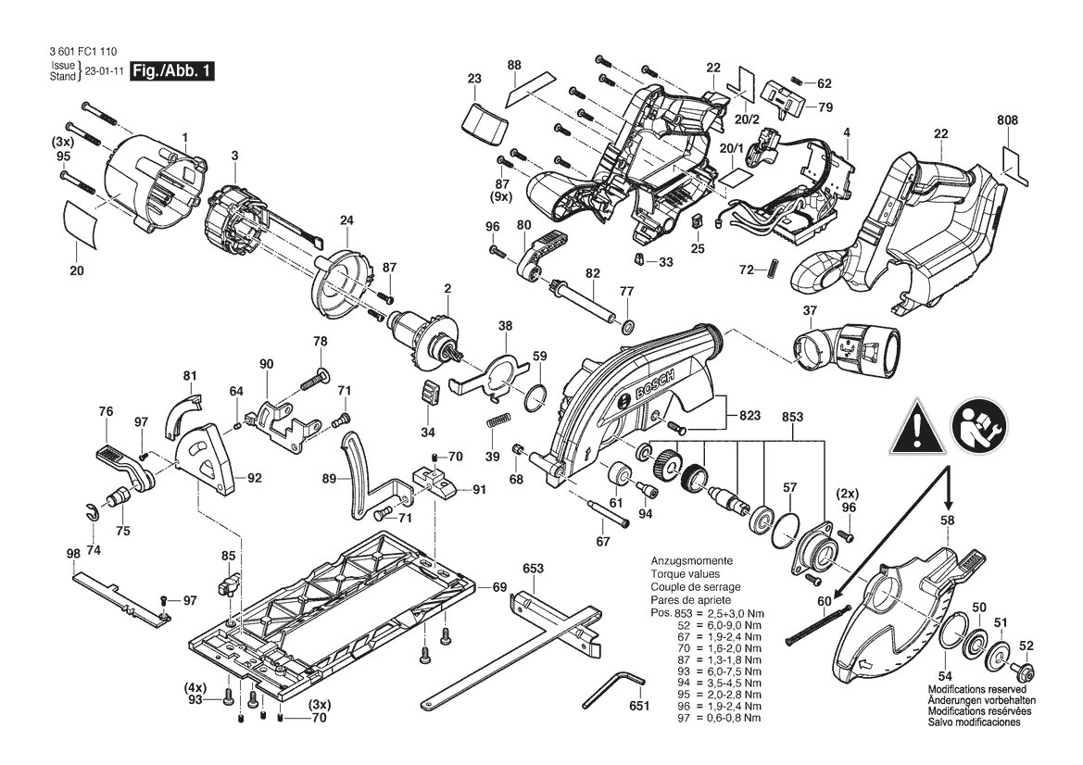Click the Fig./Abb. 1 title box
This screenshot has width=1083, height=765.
click(x=172, y=70)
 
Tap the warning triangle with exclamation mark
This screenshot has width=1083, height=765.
click(x=917, y=426)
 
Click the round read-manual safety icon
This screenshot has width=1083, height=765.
click(x=978, y=426)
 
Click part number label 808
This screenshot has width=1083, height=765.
click(x=1008, y=119)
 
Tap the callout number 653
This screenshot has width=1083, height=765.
click(x=534, y=569)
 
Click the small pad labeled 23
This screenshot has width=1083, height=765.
click(x=484, y=123)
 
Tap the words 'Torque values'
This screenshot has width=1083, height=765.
click(x=686, y=574)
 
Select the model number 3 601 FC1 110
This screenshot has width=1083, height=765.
click(x=82, y=51)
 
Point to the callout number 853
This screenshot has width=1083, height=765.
click(x=792, y=416)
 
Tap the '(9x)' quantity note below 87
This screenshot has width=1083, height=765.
click(x=502, y=196)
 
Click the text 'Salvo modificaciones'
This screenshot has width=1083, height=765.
click(x=974, y=722)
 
